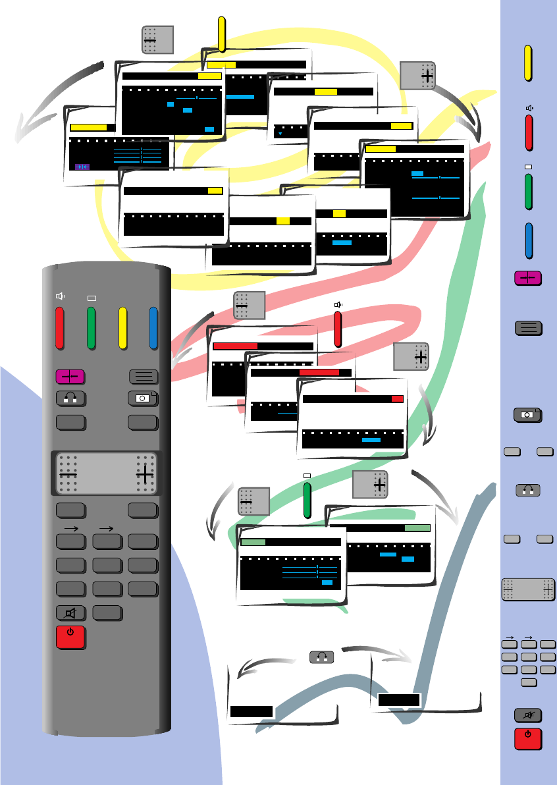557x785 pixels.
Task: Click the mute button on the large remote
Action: [x=70, y=612]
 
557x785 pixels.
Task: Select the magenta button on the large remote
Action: [x=70, y=376]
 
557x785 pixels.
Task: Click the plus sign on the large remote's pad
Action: [x=145, y=473]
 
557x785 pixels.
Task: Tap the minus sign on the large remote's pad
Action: [x=68, y=473]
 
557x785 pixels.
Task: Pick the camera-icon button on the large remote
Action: [x=143, y=398]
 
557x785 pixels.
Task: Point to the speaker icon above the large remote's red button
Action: [x=60, y=296]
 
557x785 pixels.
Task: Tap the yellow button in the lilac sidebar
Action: [x=528, y=63]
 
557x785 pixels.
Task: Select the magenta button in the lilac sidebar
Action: [x=528, y=279]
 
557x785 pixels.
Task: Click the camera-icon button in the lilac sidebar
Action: [x=527, y=415]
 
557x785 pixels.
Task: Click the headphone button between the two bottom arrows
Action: [x=321, y=657]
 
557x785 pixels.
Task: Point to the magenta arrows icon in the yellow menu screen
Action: [x=82, y=166]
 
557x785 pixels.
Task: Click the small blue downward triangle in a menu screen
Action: [x=280, y=134]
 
